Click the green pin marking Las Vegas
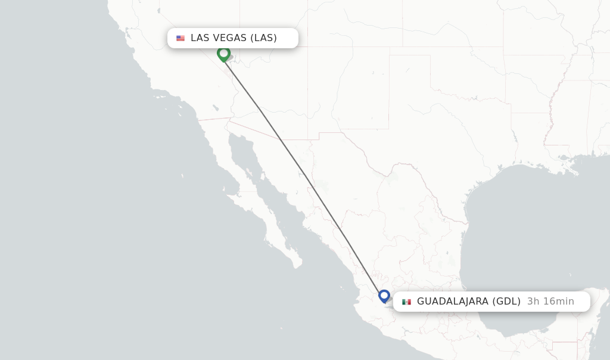pyautogui.click(x=223, y=54)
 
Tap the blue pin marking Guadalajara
pyautogui.click(x=384, y=296)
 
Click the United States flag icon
pyautogui.click(x=180, y=38)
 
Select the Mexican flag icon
pyautogui.click(x=406, y=302)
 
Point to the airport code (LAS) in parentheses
pyautogui.click(x=263, y=38)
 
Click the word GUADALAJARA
pyautogui.click(x=453, y=302)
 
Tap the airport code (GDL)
pyautogui.click(x=506, y=302)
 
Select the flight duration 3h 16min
pyautogui.click(x=550, y=302)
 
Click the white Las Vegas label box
pyautogui.click(x=232, y=38)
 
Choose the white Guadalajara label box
pyautogui.click(x=491, y=302)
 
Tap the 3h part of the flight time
pyautogui.click(x=533, y=302)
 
